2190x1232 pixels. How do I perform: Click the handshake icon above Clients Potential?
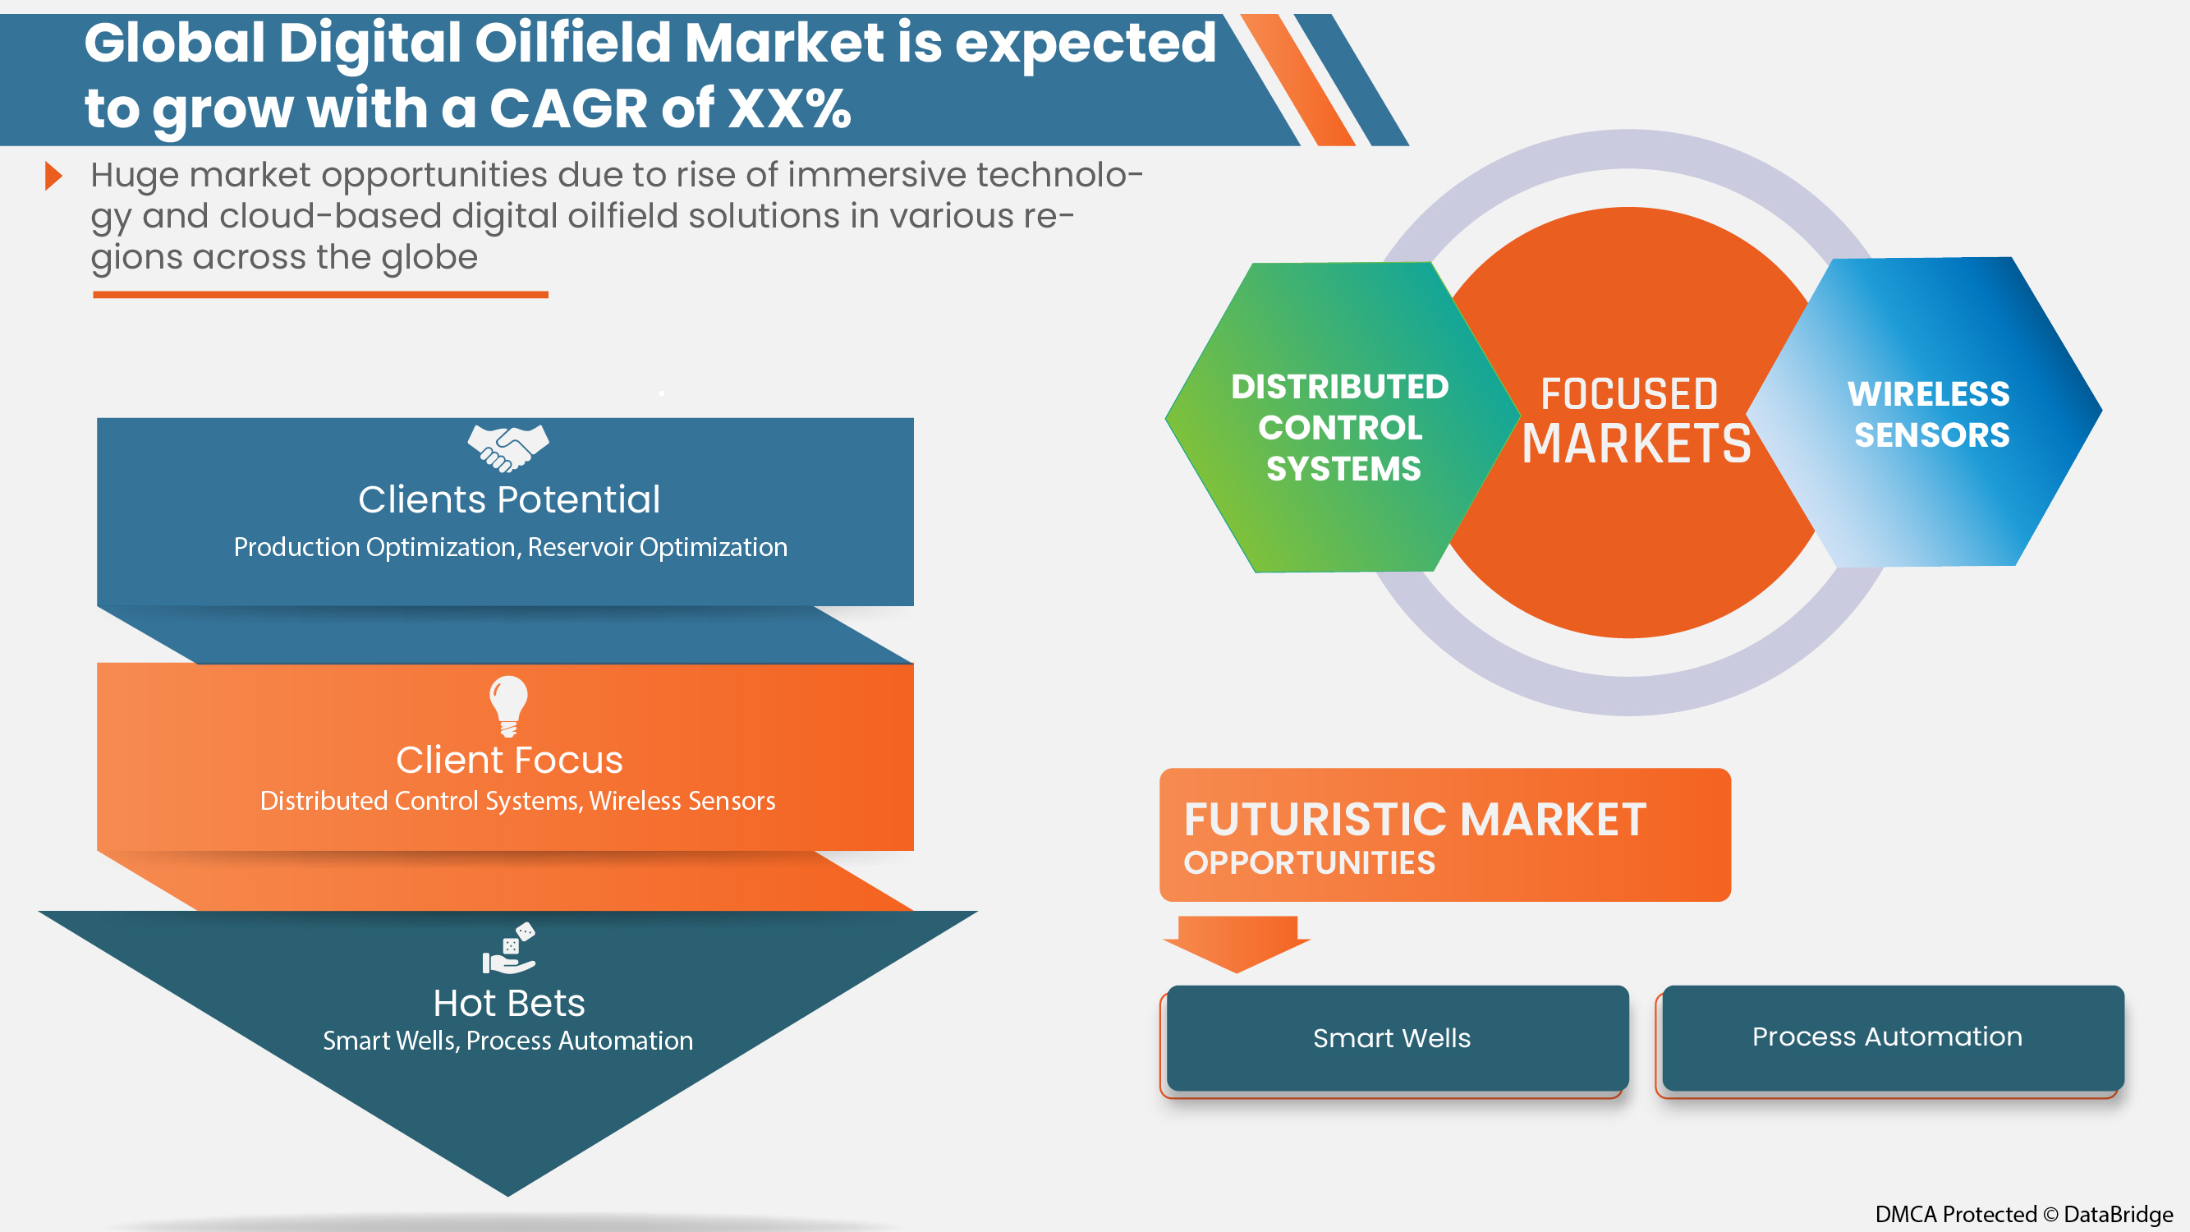[508, 448]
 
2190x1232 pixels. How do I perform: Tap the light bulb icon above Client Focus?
[508, 705]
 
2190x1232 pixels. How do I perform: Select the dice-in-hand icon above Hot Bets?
[509, 948]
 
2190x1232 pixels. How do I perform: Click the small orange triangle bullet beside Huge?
[53, 176]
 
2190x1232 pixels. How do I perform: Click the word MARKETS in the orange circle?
[1636, 444]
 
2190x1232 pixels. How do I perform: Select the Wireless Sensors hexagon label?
[1930, 415]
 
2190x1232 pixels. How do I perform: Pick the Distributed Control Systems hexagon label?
[1341, 428]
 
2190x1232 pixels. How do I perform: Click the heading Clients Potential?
[508, 500]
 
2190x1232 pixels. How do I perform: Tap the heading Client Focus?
[508, 760]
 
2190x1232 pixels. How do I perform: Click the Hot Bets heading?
[508, 1004]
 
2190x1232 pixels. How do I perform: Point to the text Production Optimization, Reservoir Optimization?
[510, 548]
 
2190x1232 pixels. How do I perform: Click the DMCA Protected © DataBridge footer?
[2023, 1214]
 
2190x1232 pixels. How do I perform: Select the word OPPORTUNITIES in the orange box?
[1309, 864]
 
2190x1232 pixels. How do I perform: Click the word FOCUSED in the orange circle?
[1629, 394]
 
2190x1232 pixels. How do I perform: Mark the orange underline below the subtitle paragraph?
[320, 295]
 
